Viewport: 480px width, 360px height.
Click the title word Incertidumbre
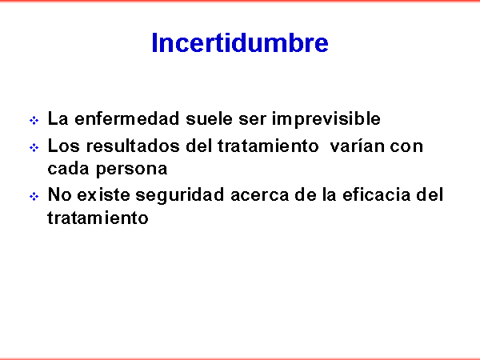(x=240, y=42)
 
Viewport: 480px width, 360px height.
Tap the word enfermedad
(x=127, y=118)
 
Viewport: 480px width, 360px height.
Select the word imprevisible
(x=326, y=119)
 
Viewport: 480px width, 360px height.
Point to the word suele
(x=209, y=118)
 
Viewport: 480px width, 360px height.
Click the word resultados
(x=133, y=146)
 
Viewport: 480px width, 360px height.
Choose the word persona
(x=132, y=170)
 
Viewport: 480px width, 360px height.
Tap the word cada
(x=68, y=168)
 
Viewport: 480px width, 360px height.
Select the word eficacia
(x=376, y=194)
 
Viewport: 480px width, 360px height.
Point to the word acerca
(x=259, y=196)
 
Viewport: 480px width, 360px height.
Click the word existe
(x=103, y=194)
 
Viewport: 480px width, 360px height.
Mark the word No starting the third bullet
(x=59, y=194)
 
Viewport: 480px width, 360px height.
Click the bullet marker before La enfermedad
(x=34, y=120)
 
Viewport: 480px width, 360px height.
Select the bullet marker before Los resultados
(x=34, y=148)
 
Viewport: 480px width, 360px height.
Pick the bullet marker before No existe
(x=34, y=196)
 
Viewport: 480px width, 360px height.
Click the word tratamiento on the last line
(x=98, y=218)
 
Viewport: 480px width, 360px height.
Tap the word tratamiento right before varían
(x=268, y=146)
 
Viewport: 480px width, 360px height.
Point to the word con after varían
(x=406, y=146)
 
